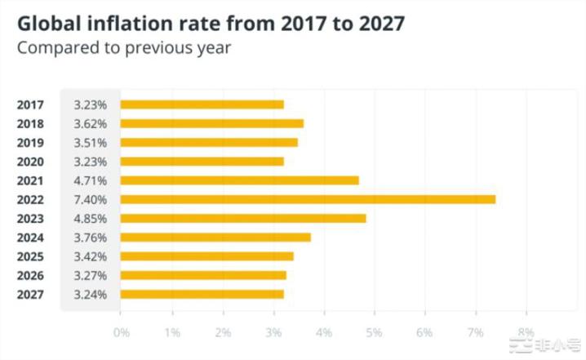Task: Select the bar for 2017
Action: click(x=202, y=104)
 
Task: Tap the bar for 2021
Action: click(x=239, y=180)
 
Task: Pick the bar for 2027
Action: click(x=202, y=294)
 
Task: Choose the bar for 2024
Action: click(x=215, y=238)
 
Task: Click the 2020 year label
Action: click(x=29, y=162)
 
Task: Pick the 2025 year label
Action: click(x=29, y=256)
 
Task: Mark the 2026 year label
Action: click(x=29, y=275)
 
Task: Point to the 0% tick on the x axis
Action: click(x=121, y=332)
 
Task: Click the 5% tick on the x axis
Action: click(x=374, y=332)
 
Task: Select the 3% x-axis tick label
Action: click(x=273, y=332)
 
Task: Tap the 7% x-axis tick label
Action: click(x=475, y=332)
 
